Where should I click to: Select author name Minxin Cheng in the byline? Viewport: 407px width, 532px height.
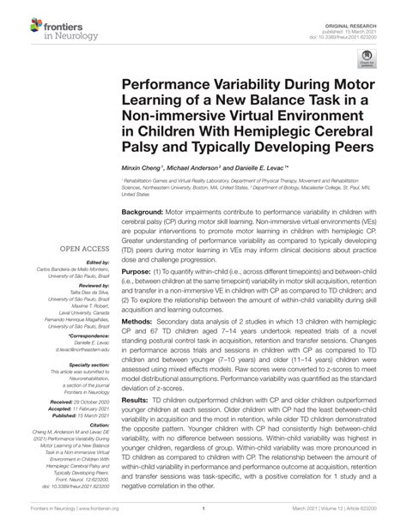pyautogui.click(x=143, y=173)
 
